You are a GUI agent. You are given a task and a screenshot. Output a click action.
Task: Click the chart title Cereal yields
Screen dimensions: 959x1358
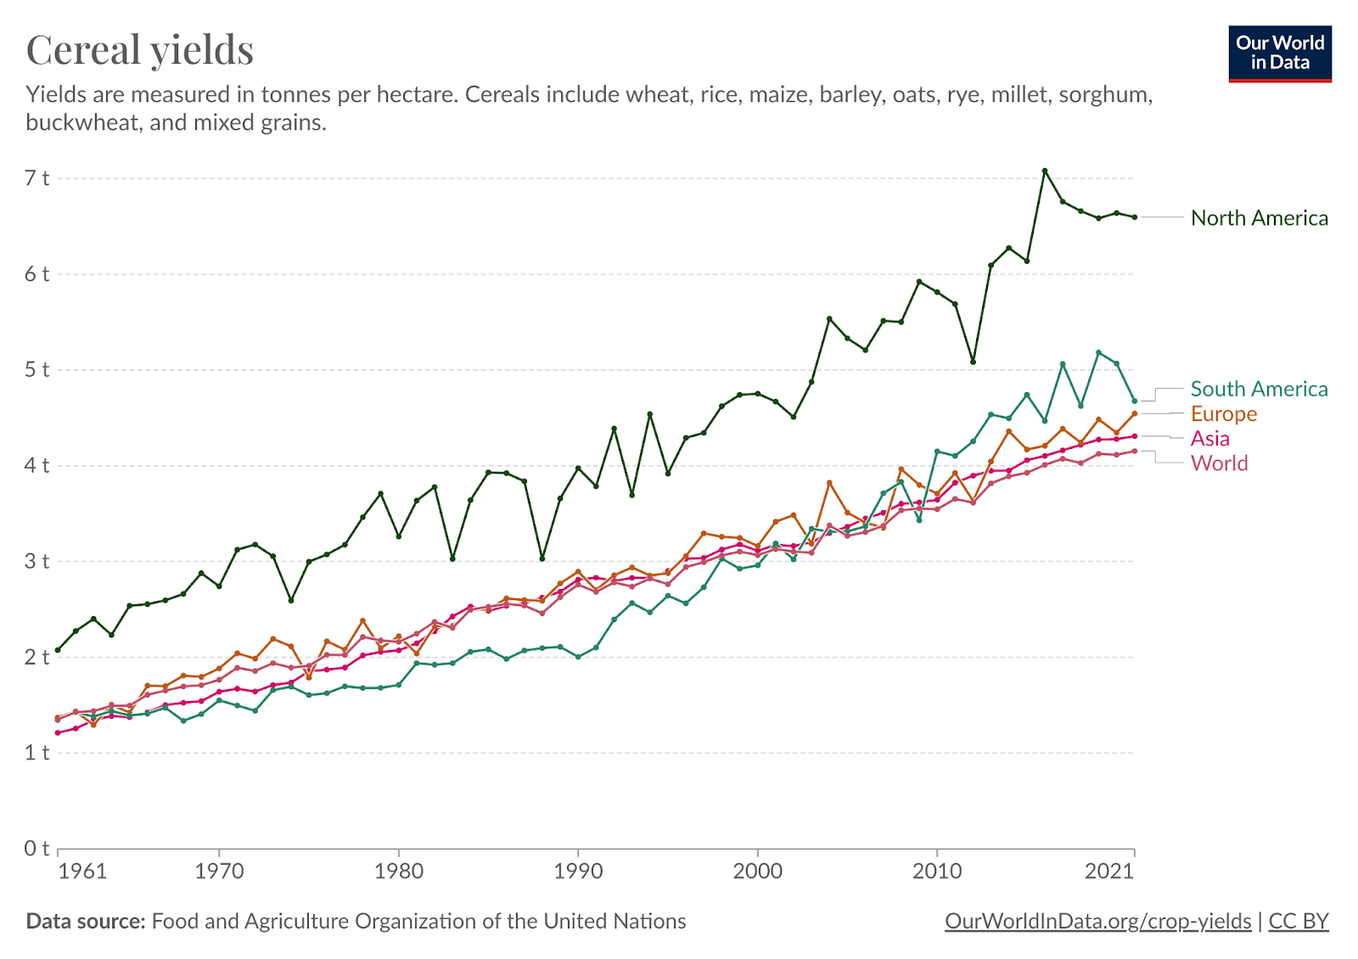coord(140,49)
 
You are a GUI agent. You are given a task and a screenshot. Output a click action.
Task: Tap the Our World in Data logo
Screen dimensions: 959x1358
coord(1279,53)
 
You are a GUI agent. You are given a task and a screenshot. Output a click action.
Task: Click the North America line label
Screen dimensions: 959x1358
coord(1259,218)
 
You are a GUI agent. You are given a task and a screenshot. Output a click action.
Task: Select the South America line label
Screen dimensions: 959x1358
coord(1259,389)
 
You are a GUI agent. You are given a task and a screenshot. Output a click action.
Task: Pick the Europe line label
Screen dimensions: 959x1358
coord(1223,413)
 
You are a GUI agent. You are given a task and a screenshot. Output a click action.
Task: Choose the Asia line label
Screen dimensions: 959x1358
coord(1209,438)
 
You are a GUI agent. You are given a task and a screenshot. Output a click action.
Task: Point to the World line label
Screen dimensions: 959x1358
coord(1219,463)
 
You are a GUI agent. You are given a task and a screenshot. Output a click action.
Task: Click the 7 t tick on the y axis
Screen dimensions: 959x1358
coord(36,178)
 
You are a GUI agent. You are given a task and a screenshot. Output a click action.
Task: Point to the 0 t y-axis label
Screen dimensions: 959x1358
coord(36,849)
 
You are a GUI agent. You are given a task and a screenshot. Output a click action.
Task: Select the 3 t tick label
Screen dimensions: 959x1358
coord(36,561)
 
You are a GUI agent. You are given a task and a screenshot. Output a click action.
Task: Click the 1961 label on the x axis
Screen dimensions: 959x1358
coord(82,872)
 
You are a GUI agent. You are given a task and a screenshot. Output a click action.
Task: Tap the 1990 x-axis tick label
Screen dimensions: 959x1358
coord(578,872)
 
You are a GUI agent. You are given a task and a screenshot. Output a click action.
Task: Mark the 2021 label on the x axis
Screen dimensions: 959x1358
coord(1109,872)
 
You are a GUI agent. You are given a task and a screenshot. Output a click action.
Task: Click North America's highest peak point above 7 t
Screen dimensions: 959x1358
coord(1045,171)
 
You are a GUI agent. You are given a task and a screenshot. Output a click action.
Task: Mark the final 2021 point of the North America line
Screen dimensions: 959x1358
coord(1135,217)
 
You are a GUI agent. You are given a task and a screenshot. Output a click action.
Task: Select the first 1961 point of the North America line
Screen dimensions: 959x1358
coord(58,650)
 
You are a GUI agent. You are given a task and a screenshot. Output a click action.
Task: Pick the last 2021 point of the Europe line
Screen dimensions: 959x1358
coord(1135,414)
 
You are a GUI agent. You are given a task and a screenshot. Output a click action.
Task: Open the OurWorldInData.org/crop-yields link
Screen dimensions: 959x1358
coord(1097,922)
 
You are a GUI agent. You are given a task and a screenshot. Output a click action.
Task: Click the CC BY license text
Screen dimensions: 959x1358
coord(1298,922)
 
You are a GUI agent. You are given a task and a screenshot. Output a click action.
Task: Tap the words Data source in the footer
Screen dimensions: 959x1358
coord(86,922)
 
